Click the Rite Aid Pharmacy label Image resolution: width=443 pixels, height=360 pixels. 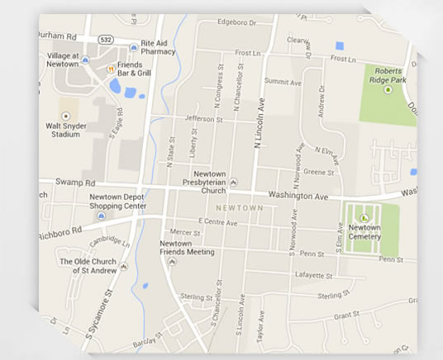tap(158, 46)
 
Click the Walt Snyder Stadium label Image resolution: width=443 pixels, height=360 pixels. tap(67, 128)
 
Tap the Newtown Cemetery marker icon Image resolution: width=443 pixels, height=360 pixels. tap(364, 218)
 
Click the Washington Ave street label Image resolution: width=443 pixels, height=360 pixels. tap(302, 198)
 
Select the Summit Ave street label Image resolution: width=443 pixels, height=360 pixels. tap(282, 82)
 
